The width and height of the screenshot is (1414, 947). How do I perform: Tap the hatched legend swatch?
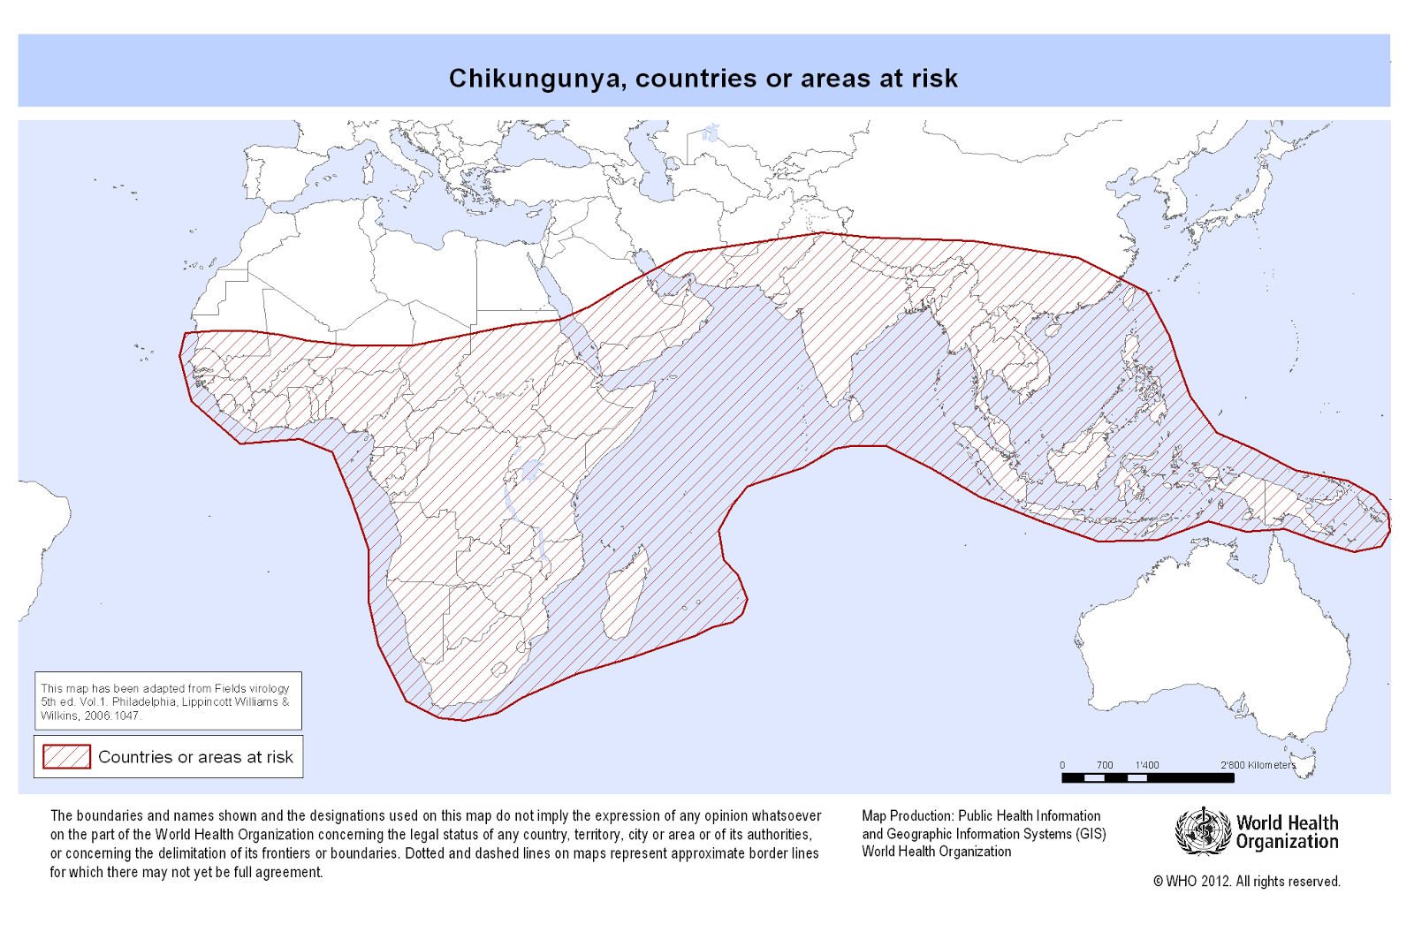coord(66,757)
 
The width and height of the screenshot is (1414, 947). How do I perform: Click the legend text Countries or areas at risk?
coord(195,757)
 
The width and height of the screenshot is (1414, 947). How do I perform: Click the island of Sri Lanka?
coord(855,409)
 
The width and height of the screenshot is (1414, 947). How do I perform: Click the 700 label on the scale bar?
coord(1104,765)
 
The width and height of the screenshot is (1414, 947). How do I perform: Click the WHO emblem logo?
coord(1202,831)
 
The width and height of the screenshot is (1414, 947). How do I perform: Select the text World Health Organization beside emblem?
coord(1287,832)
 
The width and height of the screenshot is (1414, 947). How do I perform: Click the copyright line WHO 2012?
coord(1246,882)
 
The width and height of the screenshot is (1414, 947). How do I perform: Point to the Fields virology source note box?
coord(168,701)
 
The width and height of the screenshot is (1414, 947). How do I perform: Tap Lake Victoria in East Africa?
coord(532,469)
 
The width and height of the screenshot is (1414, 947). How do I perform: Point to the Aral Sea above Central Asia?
coord(711,134)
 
